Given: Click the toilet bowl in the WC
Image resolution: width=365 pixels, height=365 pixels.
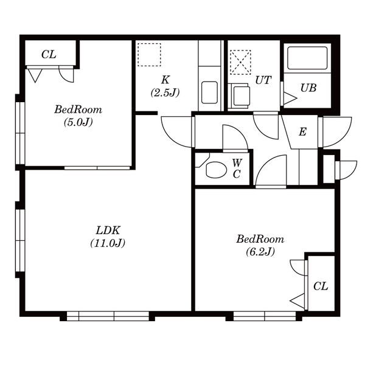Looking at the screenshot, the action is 216,170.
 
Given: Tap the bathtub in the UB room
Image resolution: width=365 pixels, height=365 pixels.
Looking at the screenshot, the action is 307,58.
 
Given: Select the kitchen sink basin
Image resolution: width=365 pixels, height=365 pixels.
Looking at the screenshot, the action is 209,92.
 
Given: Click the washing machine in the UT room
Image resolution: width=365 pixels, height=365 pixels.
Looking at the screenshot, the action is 239,96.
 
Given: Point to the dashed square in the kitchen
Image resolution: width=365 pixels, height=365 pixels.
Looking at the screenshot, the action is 149,55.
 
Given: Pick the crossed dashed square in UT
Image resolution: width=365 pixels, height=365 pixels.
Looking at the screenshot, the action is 240,62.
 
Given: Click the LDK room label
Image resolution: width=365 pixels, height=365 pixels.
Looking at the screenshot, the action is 108,231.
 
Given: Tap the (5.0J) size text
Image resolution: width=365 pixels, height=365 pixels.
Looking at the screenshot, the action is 78,122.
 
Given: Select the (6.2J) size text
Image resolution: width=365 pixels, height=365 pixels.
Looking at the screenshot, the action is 260,251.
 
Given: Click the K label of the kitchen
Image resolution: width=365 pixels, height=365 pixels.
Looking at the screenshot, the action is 165,80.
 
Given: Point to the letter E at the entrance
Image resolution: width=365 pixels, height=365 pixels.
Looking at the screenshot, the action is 302,132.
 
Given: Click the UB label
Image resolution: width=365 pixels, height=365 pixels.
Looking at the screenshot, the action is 308,88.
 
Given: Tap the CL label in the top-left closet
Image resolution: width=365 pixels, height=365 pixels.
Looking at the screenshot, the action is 49,55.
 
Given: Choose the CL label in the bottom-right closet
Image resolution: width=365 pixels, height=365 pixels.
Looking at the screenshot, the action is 321,286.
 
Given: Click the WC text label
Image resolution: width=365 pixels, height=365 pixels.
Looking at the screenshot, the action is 237,169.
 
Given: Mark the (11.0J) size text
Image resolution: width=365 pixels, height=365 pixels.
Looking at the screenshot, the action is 108,243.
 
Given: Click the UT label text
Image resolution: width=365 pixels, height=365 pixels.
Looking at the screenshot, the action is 263,80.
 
